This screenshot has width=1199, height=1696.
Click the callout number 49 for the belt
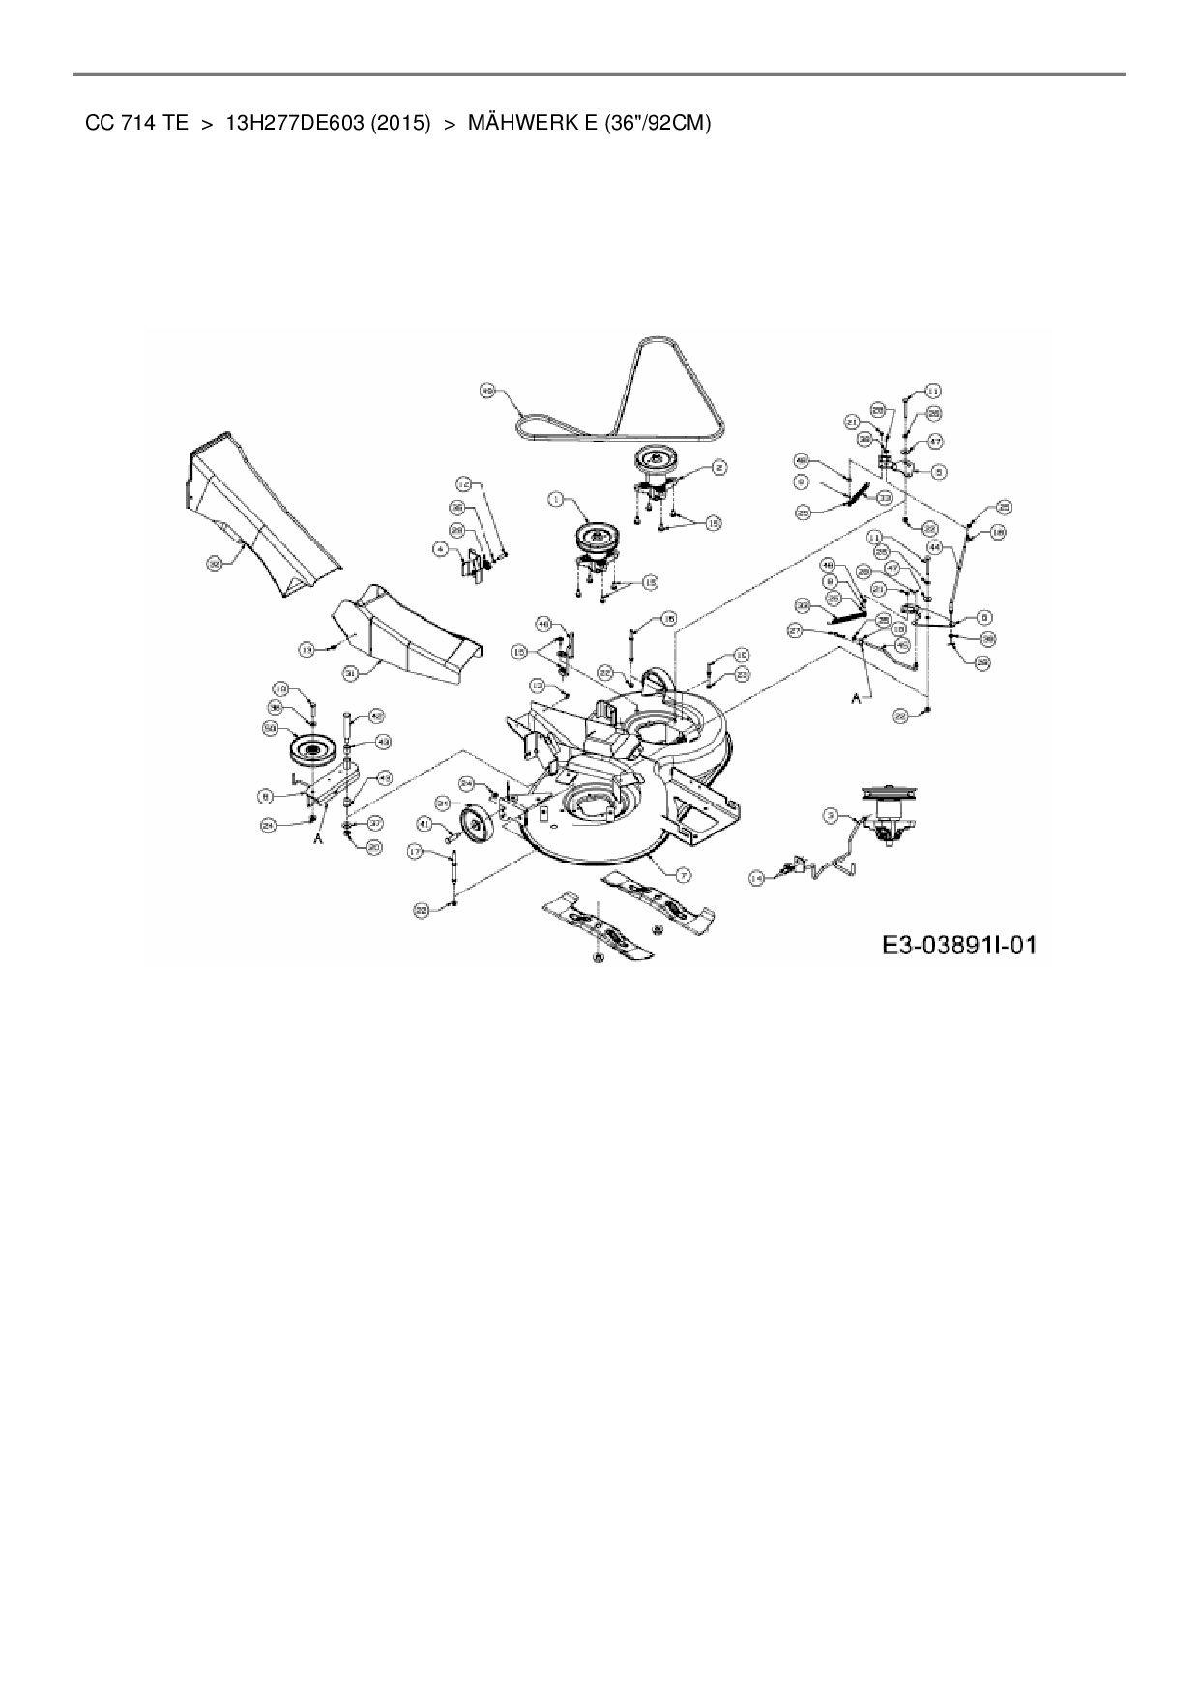pos(487,390)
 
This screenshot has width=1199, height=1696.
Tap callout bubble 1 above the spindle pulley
pos(555,499)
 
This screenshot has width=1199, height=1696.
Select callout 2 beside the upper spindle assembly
pos(719,467)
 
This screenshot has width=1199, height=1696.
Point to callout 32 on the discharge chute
pos(214,561)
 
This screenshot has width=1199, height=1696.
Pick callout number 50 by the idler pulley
pos(270,727)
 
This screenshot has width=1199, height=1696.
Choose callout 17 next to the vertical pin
pos(415,852)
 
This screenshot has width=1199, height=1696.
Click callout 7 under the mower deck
pos(683,874)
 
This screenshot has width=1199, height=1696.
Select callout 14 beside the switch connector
pos(756,878)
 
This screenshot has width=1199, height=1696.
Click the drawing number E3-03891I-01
pos(958,944)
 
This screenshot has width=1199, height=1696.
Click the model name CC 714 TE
pos(136,124)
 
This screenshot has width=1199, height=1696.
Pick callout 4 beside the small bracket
pos(440,548)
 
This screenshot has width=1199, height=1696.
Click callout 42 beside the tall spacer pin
pos(377,716)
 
